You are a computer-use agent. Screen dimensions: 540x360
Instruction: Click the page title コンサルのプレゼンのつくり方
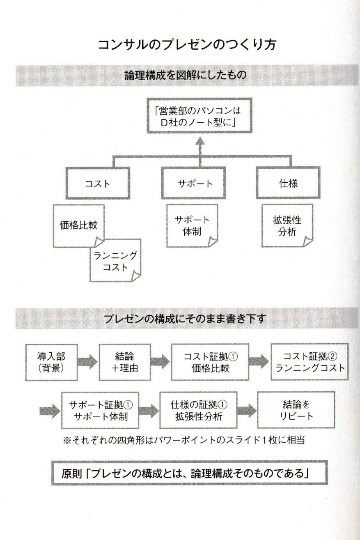[187, 44]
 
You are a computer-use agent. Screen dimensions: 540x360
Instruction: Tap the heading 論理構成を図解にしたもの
[187, 75]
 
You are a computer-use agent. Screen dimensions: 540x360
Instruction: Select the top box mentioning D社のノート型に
[199, 116]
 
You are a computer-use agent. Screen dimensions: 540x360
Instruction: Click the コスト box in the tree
[97, 184]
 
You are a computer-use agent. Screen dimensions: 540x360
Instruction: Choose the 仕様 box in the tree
[288, 184]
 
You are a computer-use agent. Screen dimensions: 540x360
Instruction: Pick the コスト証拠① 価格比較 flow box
[210, 362]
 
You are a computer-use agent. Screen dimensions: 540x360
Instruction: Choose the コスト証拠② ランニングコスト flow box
[310, 362]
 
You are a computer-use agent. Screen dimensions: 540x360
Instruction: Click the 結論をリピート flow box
[296, 410]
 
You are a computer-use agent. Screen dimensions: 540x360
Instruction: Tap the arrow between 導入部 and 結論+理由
[87, 362]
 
